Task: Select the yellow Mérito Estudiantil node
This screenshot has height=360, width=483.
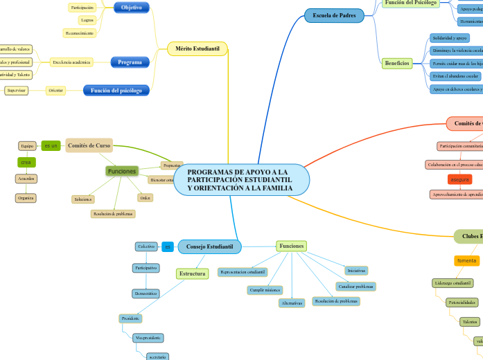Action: point(197,49)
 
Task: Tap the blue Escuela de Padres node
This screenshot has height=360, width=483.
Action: point(333,15)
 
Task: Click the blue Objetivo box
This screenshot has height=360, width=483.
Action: point(131,8)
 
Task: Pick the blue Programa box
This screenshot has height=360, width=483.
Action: point(130,62)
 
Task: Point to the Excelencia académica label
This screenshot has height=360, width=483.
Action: point(71,62)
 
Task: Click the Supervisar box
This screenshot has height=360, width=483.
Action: point(16,91)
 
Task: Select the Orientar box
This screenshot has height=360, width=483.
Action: point(56,91)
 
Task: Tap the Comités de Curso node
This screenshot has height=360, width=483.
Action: point(89,145)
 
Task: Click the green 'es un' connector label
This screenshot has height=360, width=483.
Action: point(51,145)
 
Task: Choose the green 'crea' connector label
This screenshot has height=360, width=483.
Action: point(26,162)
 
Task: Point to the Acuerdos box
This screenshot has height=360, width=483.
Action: point(26,179)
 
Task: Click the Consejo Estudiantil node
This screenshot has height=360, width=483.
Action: point(209,246)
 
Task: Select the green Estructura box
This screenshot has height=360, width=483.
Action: point(192,273)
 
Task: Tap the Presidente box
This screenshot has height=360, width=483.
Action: point(130,318)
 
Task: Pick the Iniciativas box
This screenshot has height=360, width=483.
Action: point(356,271)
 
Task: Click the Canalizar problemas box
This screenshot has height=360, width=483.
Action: point(355,286)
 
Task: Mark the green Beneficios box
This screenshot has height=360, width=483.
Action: point(396,63)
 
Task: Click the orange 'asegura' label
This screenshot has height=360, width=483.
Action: point(459,179)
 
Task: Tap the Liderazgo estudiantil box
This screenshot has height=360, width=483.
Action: point(453,283)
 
